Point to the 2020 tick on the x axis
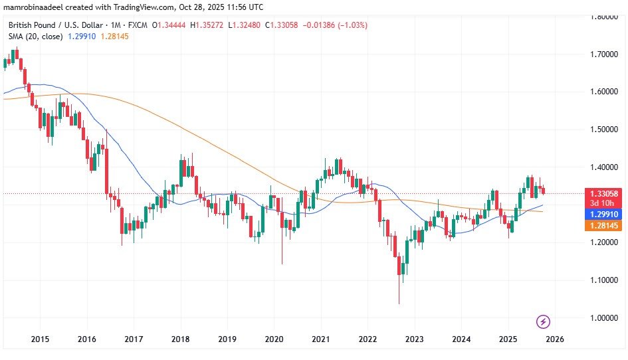point(274,338)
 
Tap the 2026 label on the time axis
point(555,338)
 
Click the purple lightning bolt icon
point(543,321)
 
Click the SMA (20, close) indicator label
point(35,37)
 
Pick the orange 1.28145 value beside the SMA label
point(114,37)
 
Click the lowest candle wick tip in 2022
point(399,304)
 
